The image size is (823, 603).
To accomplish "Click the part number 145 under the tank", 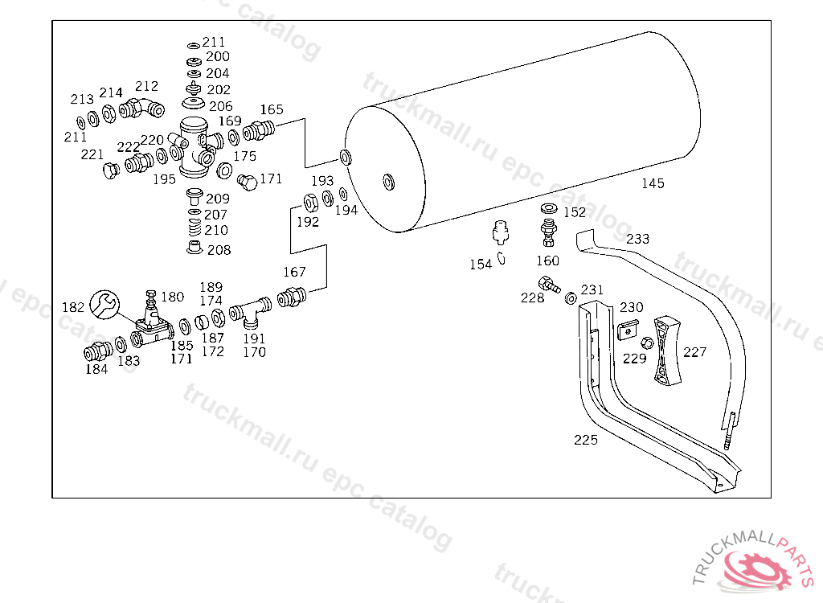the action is [x=653, y=183].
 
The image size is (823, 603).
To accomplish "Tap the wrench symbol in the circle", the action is [x=104, y=305].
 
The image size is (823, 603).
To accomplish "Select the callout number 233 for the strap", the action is [x=637, y=239].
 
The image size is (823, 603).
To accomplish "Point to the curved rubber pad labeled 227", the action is [x=666, y=350].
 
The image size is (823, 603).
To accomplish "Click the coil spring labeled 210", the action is [x=194, y=227].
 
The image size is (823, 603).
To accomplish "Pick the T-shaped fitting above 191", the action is [x=251, y=311].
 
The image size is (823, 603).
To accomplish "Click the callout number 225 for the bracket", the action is [x=586, y=440].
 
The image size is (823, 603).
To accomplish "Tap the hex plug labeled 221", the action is [x=111, y=170].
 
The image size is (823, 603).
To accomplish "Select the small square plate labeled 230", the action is [x=629, y=330].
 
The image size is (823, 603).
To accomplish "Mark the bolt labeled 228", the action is [x=549, y=285].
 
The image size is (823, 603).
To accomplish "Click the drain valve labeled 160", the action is [x=548, y=233].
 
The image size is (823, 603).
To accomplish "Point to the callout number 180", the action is [x=172, y=297].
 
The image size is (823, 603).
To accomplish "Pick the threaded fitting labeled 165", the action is [x=258, y=130].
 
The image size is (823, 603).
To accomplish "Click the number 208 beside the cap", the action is [x=219, y=250].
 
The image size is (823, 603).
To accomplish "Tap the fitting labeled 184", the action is [x=97, y=351].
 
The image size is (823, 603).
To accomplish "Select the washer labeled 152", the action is [x=549, y=208].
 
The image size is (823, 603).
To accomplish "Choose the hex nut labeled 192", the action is [x=310, y=203].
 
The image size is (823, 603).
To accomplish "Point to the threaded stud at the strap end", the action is [x=730, y=431].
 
